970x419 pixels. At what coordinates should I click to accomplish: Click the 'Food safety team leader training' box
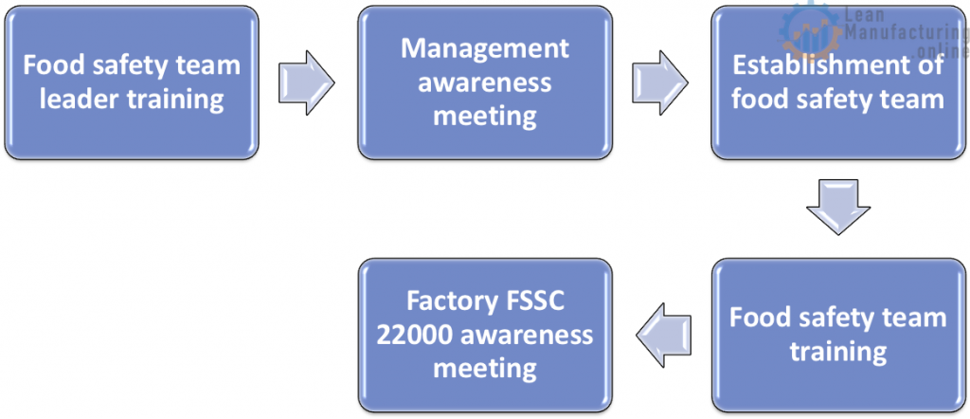click(131, 82)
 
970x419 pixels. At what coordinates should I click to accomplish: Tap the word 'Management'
click(485, 48)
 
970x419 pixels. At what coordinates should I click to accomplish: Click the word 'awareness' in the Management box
click(485, 82)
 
